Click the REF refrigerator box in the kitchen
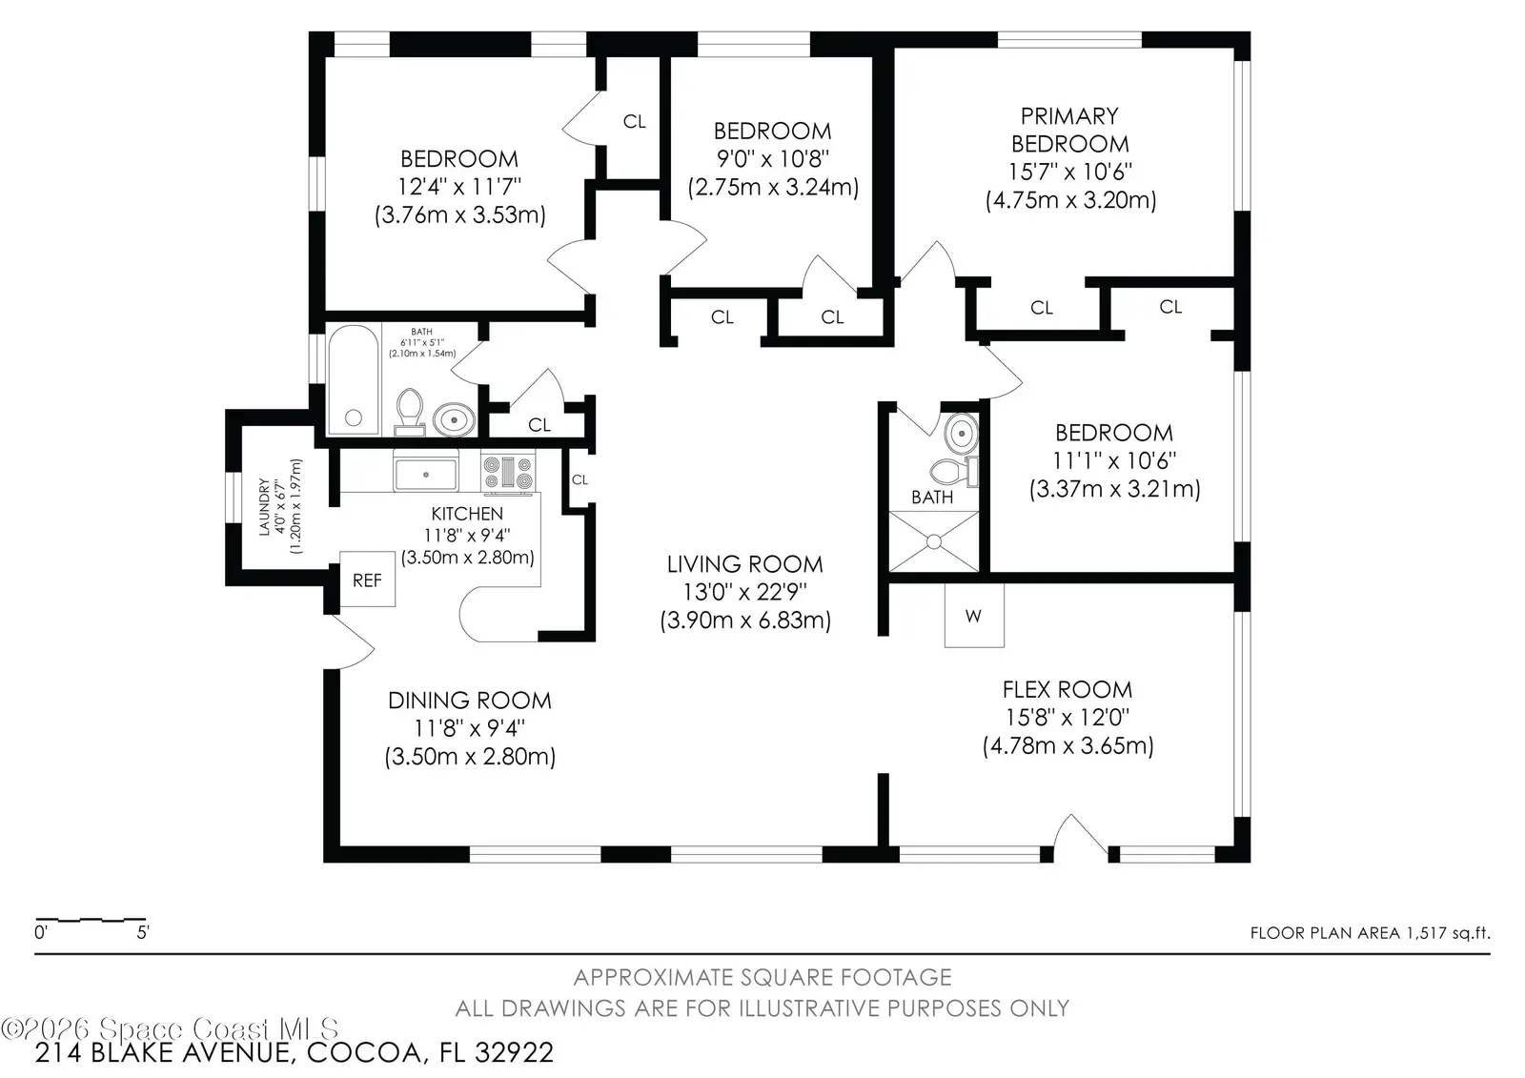click(x=368, y=579)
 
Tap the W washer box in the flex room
click(x=973, y=616)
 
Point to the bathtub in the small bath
click(x=354, y=380)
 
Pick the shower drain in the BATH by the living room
click(x=934, y=542)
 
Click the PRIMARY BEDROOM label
click(x=1069, y=130)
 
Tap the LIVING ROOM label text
click(x=744, y=564)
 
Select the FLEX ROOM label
click(x=1067, y=689)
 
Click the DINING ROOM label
click(x=470, y=700)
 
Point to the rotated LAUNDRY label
click(x=264, y=507)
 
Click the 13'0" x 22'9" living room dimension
click(x=744, y=592)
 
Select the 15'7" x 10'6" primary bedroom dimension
click(x=1069, y=171)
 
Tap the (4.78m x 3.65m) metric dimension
click(x=1067, y=745)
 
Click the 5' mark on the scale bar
click(x=143, y=932)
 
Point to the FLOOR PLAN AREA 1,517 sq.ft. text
click(x=1371, y=933)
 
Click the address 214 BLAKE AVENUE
click(x=164, y=1053)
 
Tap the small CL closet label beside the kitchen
click(x=579, y=479)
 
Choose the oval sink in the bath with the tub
click(x=454, y=419)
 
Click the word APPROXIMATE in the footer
click(x=654, y=977)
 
